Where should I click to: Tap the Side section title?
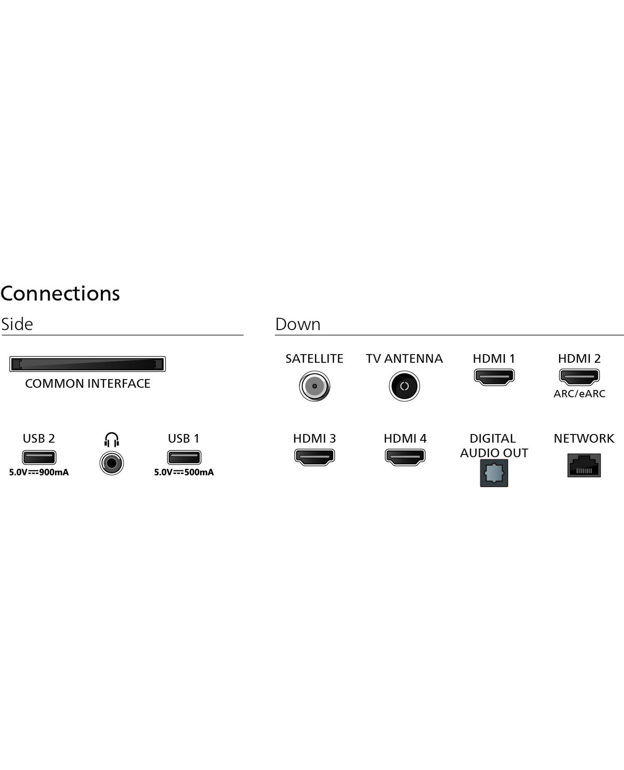[x=17, y=324]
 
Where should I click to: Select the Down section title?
[x=298, y=324]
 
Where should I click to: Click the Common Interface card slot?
[x=87, y=364]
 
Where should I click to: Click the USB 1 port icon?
[x=184, y=458]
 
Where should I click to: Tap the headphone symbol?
[x=111, y=439]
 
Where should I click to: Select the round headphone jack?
[x=111, y=463]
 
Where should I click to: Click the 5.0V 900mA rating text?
[x=39, y=472]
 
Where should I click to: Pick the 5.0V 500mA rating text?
[x=184, y=472]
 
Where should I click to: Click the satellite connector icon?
[x=314, y=386]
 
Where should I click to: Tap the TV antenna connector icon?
[x=404, y=386]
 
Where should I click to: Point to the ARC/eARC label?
[x=579, y=394]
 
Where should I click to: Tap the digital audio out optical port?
[x=494, y=473]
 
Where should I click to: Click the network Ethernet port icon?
[x=584, y=465]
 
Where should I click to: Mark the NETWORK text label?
[x=584, y=438]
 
